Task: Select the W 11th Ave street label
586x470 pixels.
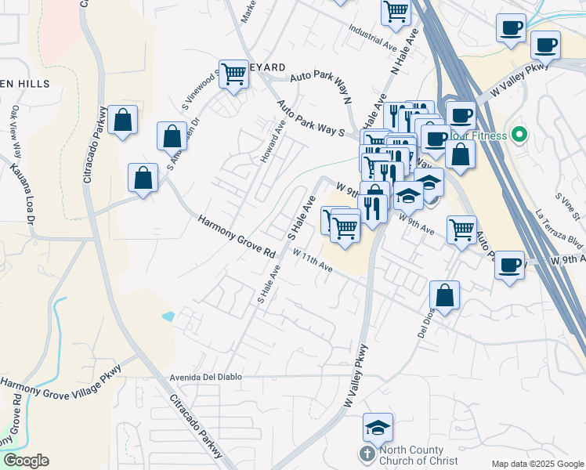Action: click(313, 261)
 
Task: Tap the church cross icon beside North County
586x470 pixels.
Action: click(367, 454)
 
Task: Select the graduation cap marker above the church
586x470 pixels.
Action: click(378, 428)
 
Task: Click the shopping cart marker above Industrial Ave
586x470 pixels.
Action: click(396, 12)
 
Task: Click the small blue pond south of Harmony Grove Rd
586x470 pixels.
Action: click(169, 316)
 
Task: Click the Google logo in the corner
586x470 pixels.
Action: click(26, 461)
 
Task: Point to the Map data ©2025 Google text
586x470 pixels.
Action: click(536, 464)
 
